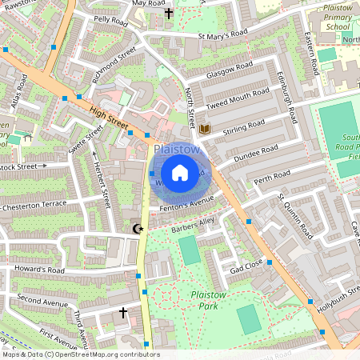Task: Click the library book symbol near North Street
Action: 205,129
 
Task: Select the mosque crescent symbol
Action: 138,229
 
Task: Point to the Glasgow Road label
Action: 229,70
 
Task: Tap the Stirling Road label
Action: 244,126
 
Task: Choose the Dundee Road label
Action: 255,154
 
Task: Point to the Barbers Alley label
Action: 193,226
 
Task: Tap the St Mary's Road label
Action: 223,34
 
